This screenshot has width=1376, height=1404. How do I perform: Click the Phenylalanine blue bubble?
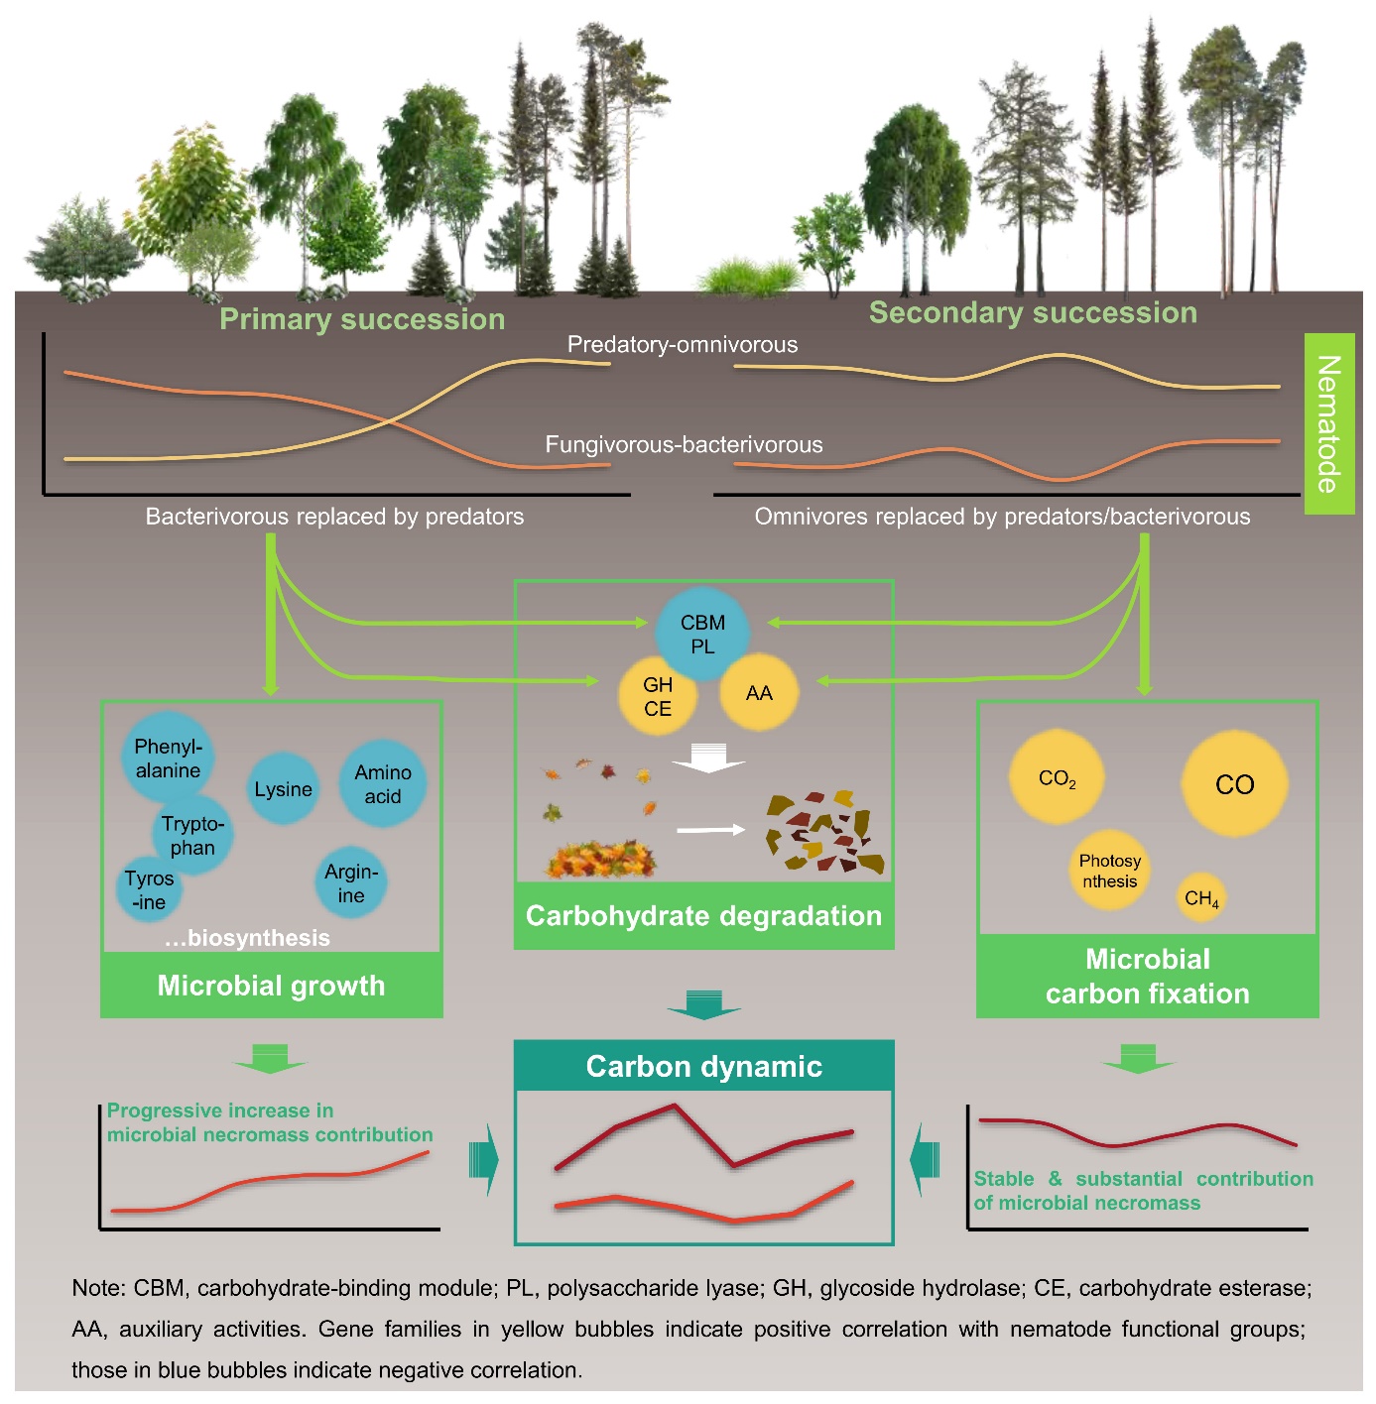(168, 759)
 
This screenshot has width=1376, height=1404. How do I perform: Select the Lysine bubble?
(283, 789)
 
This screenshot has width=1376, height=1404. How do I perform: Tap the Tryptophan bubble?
(192, 836)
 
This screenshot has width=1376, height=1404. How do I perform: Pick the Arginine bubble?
(351, 882)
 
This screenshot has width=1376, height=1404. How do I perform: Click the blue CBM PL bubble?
(702, 635)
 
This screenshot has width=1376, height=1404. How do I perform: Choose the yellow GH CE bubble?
(658, 696)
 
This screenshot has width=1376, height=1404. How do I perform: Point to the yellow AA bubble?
(759, 693)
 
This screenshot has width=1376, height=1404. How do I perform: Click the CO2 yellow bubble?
(1057, 778)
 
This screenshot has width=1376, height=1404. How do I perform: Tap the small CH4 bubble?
(1201, 898)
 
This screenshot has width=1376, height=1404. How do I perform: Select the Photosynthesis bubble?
(1110, 871)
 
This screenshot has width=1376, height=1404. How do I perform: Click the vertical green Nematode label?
(1328, 423)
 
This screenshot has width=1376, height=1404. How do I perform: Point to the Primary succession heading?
(362, 319)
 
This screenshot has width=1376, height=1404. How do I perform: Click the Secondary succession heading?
(1033, 312)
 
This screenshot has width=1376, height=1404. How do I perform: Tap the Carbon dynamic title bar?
(703, 1066)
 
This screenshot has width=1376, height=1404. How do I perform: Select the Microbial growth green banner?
(271, 986)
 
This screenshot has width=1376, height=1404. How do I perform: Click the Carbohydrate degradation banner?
(703, 915)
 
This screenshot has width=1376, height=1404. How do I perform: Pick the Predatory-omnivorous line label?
(683, 345)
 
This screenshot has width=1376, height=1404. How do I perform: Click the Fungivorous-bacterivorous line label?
(684, 445)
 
